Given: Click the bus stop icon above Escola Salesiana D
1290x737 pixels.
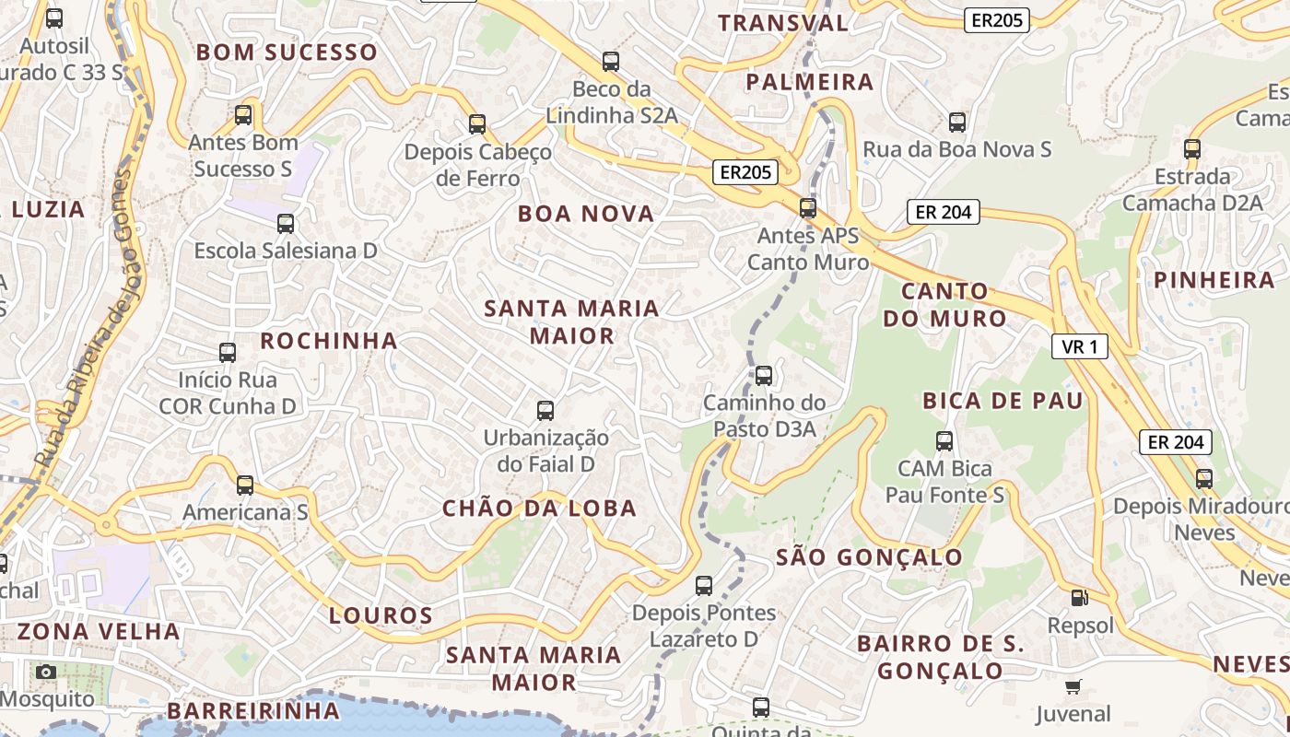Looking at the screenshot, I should pyautogui.click(x=286, y=223).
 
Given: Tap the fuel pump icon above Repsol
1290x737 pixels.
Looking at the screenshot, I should pyautogui.click(x=1079, y=598).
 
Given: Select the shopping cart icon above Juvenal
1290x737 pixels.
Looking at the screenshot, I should pyautogui.click(x=1073, y=686).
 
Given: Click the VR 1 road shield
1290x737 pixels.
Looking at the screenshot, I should pyautogui.click(x=1080, y=346).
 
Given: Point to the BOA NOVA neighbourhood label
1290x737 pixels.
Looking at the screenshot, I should pyautogui.click(x=586, y=214).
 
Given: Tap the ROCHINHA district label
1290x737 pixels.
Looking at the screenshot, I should pyautogui.click(x=329, y=341).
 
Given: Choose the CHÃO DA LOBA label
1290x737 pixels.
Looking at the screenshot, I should pyautogui.click(x=540, y=508).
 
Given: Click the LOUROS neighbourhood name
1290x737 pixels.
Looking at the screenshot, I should pyautogui.click(x=381, y=615).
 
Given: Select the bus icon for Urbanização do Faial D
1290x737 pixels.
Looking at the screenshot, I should pyautogui.click(x=545, y=410).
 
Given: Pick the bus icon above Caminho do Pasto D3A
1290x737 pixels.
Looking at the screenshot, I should pyautogui.click(x=764, y=375).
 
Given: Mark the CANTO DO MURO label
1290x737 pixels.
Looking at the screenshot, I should pyautogui.click(x=944, y=305).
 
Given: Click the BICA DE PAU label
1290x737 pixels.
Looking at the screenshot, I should pyautogui.click(x=1003, y=401).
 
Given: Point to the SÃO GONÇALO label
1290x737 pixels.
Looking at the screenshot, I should pyautogui.click(x=870, y=557).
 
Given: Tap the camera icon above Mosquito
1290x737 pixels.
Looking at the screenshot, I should pyautogui.click(x=46, y=672).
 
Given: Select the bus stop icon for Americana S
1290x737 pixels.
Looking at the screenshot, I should pyautogui.click(x=245, y=485).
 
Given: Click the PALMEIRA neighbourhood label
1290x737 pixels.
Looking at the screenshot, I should pyautogui.click(x=810, y=82).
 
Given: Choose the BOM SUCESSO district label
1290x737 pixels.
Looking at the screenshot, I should pyautogui.click(x=287, y=52).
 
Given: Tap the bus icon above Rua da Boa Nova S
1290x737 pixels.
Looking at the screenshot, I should pyautogui.click(x=957, y=122).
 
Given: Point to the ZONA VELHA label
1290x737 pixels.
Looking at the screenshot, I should pyautogui.click(x=99, y=631).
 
